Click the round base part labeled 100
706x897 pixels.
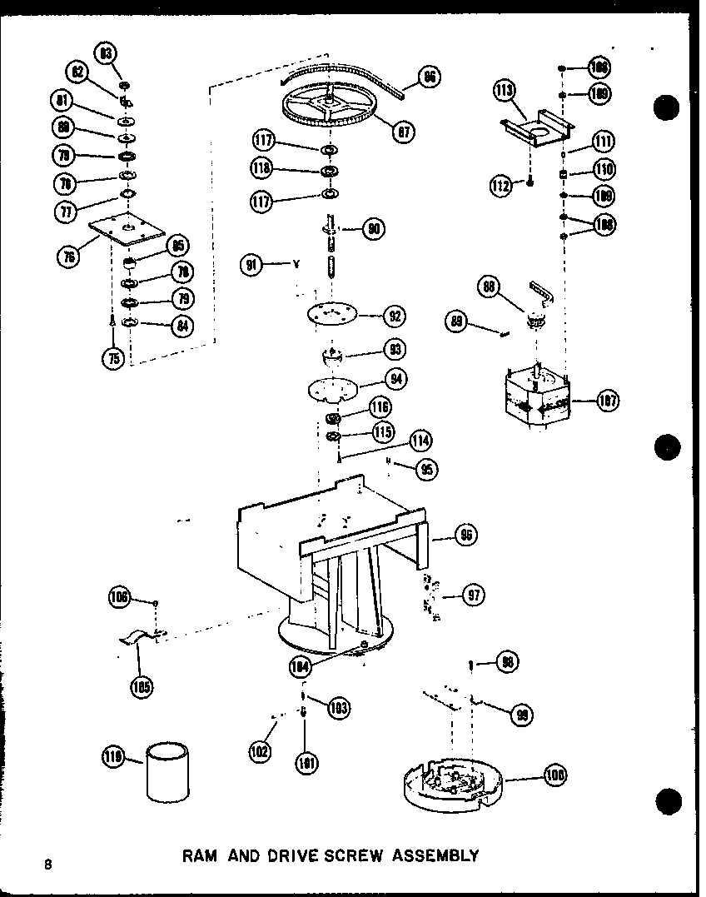tap(450, 784)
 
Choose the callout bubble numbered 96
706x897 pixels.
tap(466, 535)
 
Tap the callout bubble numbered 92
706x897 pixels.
tap(394, 316)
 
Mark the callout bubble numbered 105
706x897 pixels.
tap(142, 686)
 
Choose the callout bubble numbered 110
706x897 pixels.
tap(604, 169)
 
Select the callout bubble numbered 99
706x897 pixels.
tap(524, 715)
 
